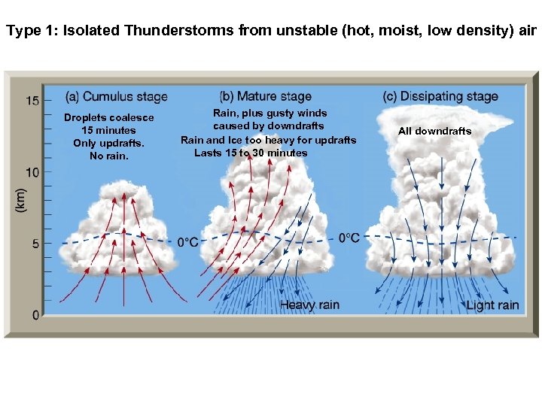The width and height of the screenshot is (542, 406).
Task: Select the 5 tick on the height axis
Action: [35, 244]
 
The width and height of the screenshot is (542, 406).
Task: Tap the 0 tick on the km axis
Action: [35, 314]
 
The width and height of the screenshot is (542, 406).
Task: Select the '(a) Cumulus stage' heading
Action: [117, 96]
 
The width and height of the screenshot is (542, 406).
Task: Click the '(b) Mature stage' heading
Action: [265, 96]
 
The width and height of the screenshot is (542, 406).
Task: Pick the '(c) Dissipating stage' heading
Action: [440, 96]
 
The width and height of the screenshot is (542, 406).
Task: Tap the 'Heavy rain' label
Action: [309, 304]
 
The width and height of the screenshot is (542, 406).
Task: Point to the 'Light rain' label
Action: [492, 304]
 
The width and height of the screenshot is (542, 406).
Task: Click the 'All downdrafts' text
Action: [434, 132]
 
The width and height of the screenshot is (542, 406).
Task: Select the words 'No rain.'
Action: [109, 156]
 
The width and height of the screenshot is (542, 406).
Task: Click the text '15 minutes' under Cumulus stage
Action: [109, 131]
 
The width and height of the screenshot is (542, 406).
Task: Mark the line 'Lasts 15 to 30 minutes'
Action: [251, 153]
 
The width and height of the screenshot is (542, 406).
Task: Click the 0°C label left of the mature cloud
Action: [187, 242]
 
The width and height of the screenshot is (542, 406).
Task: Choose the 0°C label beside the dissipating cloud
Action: [349, 238]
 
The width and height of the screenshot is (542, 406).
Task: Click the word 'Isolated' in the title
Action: [91, 32]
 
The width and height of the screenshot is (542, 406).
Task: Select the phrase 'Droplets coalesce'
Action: [108, 118]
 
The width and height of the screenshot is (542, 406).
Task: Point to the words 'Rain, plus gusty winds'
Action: [269, 114]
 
